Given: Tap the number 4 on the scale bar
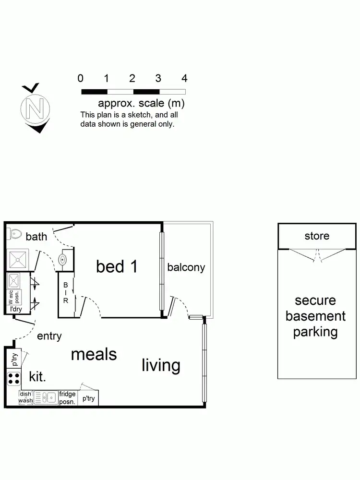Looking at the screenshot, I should tap(184, 79).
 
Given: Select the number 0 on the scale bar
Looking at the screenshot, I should tap(81, 79).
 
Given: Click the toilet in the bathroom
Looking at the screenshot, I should tap(14, 234).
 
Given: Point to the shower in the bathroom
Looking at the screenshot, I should tap(19, 259).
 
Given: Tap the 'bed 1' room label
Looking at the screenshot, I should tap(117, 266).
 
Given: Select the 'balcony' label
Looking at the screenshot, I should tap(186, 267).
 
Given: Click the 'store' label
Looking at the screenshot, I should tap(317, 236).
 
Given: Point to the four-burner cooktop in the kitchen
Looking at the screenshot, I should tap(13, 378).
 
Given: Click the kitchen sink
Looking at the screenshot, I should tap(46, 397).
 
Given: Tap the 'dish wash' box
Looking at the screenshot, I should tap(25, 397).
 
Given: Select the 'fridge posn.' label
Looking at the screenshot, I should tap(67, 397).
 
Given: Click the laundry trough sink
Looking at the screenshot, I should tap(13, 280).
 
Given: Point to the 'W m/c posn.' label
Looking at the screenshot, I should tap(13, 298).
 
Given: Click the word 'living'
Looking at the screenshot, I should tap(161, 365).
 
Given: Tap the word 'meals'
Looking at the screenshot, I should tap(94, 354).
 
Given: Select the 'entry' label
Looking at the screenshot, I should tap(49, 336).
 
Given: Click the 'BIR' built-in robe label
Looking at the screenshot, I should tap(66, 292).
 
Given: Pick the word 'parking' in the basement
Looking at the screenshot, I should tap(315, 332).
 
